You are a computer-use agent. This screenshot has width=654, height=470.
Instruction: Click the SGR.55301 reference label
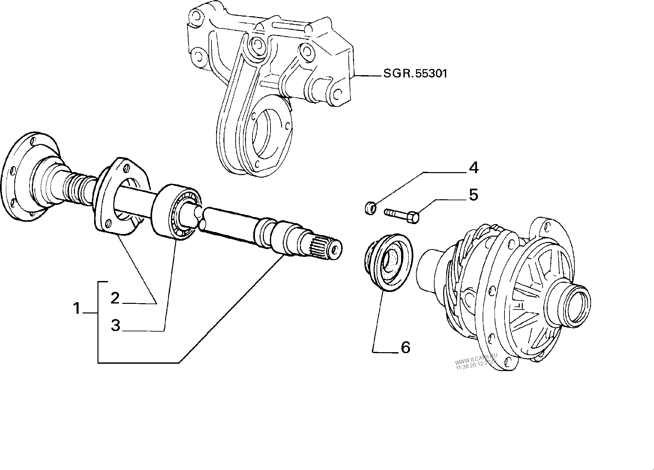click(x=415, y=73)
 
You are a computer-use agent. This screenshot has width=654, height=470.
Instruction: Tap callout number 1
click(x=77, y=309)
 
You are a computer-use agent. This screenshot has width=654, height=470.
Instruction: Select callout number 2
click(x=115, y=298)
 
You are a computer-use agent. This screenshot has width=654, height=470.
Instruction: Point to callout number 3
click(x=115, y=325)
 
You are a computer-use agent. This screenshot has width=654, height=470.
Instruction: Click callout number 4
click(x=474, y=168)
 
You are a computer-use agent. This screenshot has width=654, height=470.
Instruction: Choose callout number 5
click(x=474, y=195)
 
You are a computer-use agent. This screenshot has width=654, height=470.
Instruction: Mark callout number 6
click(x=405, y=347)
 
